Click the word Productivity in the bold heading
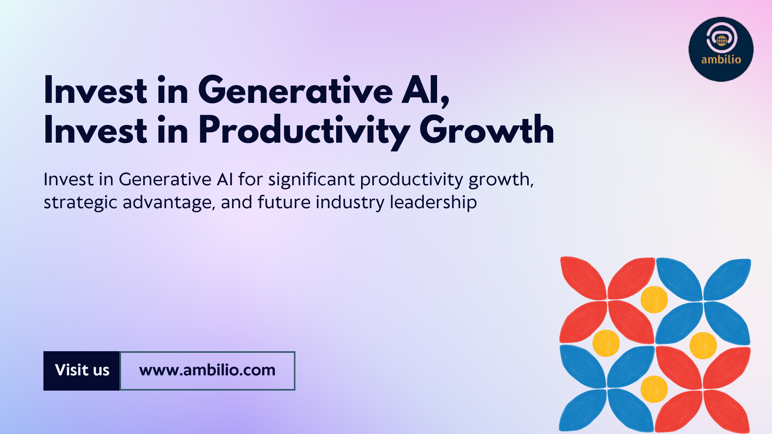point(304,131)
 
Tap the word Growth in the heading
point(487,129)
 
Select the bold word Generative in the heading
point(296,90)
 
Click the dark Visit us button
point(82,371)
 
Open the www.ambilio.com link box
point(207,371)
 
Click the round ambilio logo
point(721,49)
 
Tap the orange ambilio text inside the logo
point(721,59)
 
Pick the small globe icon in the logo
point(722,41)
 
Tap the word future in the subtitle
point(284,202)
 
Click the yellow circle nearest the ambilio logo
point(654,299)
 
